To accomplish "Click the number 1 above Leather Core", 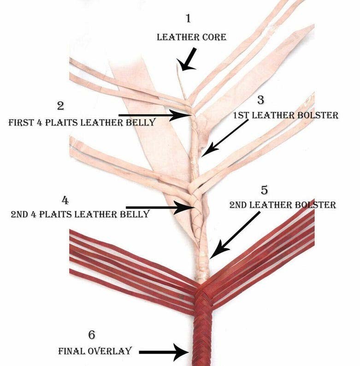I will [188, 19].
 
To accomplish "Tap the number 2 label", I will [60, 106].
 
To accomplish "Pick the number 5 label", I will [264, 189].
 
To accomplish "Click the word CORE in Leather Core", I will [213, 36].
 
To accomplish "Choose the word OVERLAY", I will [112, 351].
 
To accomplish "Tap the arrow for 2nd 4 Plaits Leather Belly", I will [159, 208].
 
